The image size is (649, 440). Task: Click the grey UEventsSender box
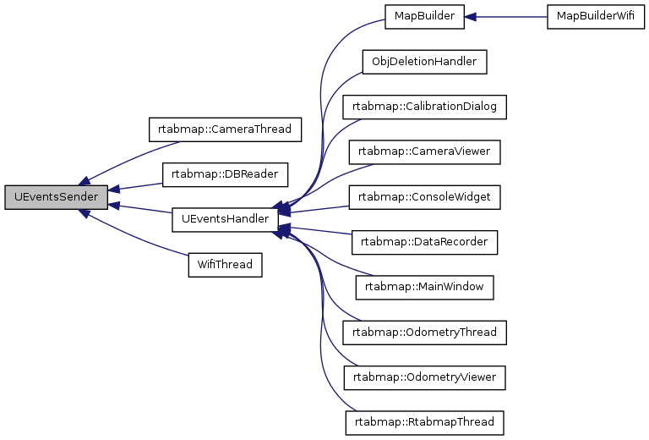pyautogui.click(x=56, y=197)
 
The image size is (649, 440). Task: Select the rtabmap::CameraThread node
pyautogui.click(x=225, y=129)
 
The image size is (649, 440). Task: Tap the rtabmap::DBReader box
pyautogui.click(x=225, y=174)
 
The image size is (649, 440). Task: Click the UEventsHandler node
pyautogui.click(x=225, y=219)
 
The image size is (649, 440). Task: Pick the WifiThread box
pyautogui.click(x=225, y=264)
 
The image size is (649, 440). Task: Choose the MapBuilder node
pyautogui.click(x=424, y=17)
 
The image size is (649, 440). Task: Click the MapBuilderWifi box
pyautogui.click(x=590, y=17)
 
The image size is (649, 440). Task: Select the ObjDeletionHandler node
pyautogui.click(x=424, y=62)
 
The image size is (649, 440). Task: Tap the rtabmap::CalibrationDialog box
pyautogui.click(x=424, y=107)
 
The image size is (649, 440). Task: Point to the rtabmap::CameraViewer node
pyautogui.click(x=424, y=151)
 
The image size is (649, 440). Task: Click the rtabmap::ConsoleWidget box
pyautogui.click(x=424, y=196)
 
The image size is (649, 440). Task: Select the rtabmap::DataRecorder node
pyautogui.click(x=424, y=241)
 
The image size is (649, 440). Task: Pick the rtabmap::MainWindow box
pyautogui.click(x=424, y=286)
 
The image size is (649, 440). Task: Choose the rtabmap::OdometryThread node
pyautogui.click(x=424, y=331)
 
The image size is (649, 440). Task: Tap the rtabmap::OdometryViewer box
pyautogui.click(x=424, y=376)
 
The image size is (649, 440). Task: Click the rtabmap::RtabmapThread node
pyautogui.click(x=424, y=421)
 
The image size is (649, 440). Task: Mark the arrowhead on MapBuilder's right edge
pyautogui.click(x=472, y=17)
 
